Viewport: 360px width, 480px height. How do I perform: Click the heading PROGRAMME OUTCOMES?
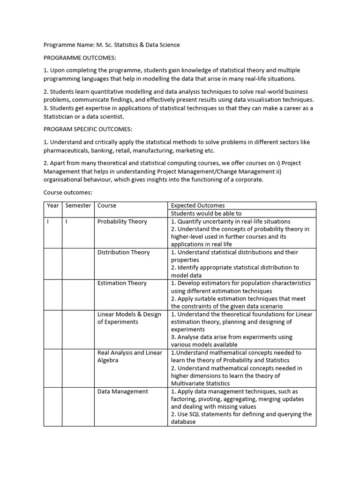(80, 58)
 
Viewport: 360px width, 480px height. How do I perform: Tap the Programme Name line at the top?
(112, 45)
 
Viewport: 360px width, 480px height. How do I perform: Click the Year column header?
(53, 206)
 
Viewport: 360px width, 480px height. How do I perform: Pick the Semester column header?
(78, 206)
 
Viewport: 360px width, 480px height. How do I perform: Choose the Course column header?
(107, 206)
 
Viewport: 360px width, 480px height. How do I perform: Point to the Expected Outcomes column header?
(198, 206)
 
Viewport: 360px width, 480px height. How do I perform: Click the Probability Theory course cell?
(122, 222)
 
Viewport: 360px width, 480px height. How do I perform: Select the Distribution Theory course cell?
(123, 253)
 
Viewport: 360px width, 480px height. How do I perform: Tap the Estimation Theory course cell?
(122, 283)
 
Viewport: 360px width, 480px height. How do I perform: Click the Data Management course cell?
(122, 392)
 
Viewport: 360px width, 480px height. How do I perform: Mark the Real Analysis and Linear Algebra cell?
(129, 357)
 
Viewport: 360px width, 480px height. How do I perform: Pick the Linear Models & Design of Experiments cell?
(129, 318)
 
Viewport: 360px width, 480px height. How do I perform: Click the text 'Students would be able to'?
(206, 214)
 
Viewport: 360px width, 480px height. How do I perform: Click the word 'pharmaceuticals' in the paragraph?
(66, 151)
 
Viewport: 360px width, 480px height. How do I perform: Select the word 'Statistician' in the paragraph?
(61, 117)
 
